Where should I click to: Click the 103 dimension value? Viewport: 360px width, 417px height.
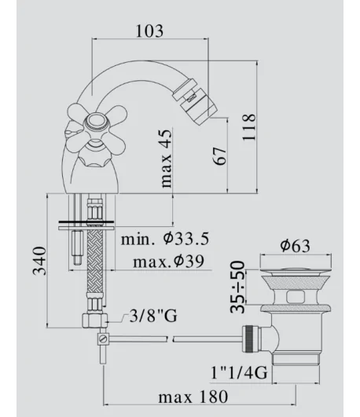[x=149, y=31]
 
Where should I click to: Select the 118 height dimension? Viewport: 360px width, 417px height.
[x=249, y=127]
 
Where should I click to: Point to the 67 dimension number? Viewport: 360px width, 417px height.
[x=219, y=155]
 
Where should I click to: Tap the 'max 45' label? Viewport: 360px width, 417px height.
[x=166, y=159]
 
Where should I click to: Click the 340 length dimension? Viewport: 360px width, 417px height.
[x=39, y=261]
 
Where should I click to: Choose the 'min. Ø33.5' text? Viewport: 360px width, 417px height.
[x=165, y=239]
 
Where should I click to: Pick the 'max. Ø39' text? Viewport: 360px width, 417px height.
[x=168, y=262]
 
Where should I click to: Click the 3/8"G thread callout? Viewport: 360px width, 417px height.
[x=153, y=316]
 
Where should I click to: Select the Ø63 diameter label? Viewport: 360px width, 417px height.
[x=295, y=245]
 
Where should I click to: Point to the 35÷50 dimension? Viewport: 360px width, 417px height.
[x=237, y=287]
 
